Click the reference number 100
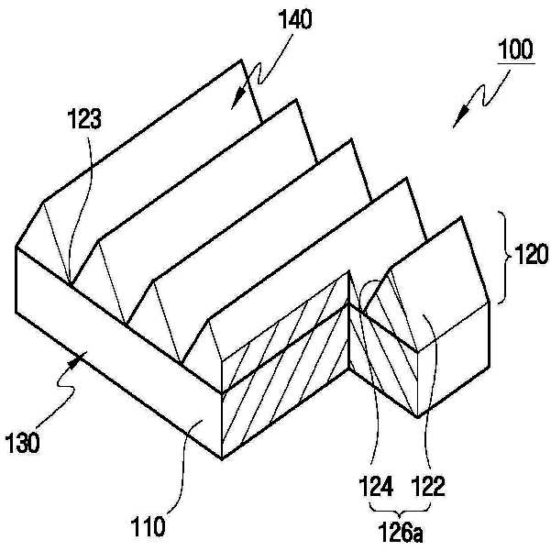518,50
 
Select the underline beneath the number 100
518,62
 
